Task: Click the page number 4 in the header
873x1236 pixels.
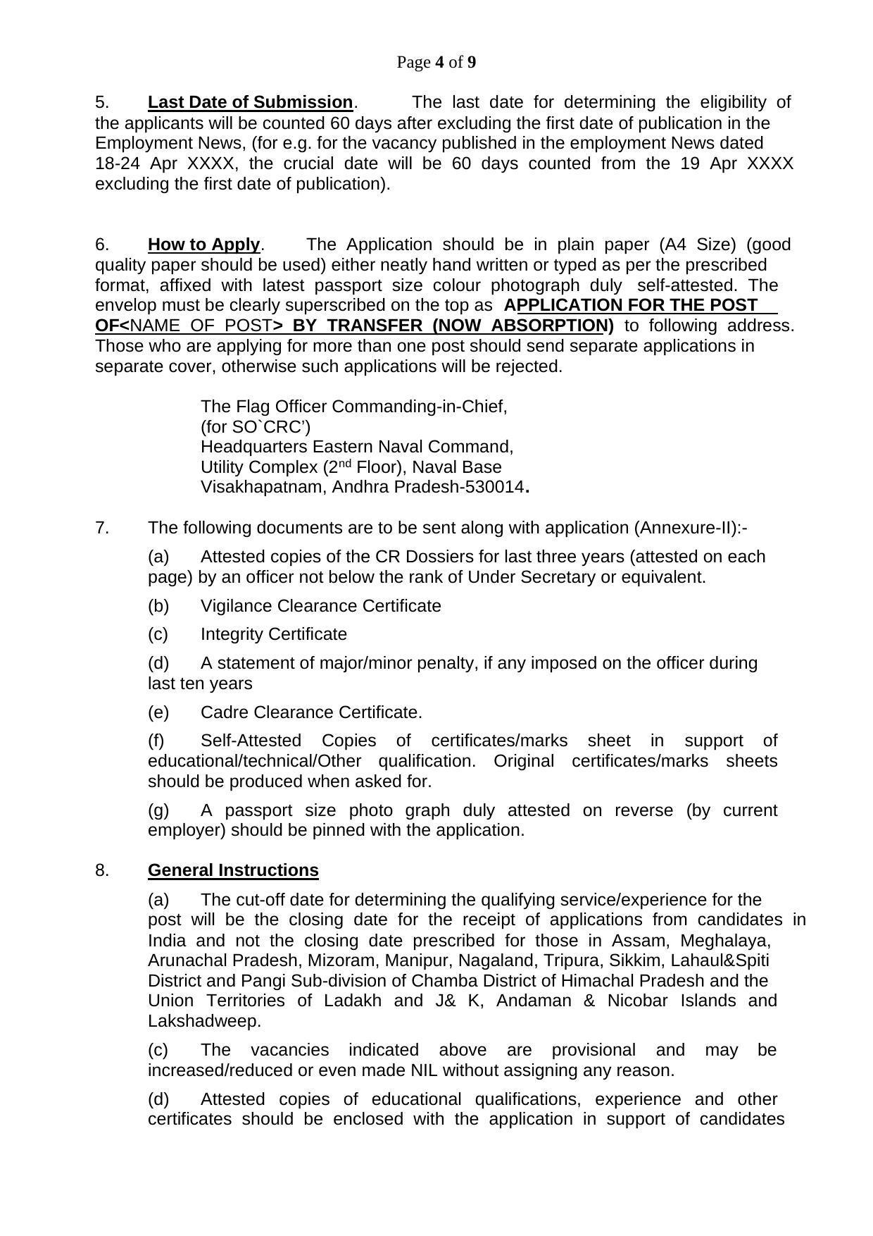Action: coord(440,63)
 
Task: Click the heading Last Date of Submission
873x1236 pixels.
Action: coord(250,103)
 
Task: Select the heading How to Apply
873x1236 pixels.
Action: coord(203,245)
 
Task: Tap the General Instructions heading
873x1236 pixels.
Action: coord(233,871)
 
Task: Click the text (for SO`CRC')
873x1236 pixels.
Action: coord(256,427)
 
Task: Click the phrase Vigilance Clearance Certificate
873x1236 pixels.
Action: coord(320,607)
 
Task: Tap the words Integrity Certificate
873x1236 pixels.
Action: coord(273,635)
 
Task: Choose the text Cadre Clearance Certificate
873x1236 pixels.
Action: coord(311,713)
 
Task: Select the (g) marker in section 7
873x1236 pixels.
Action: coord(158,811)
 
